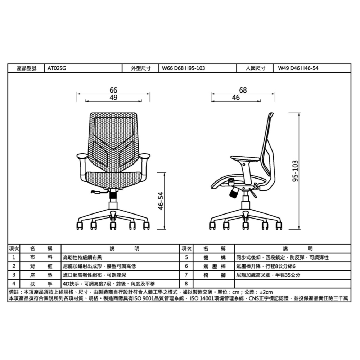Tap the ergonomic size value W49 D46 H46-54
pos(298,68)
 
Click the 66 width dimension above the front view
pos(113,90)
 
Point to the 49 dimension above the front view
pos(113,97)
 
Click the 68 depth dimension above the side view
pos(243,90)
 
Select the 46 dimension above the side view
pos(236,97)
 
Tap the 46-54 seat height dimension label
pos(161,201)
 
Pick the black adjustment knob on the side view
pos(233,194)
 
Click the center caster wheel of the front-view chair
pos(113,226)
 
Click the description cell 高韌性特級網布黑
pos(82,258)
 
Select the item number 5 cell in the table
pos(186,258)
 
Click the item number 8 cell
pos(186,283)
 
